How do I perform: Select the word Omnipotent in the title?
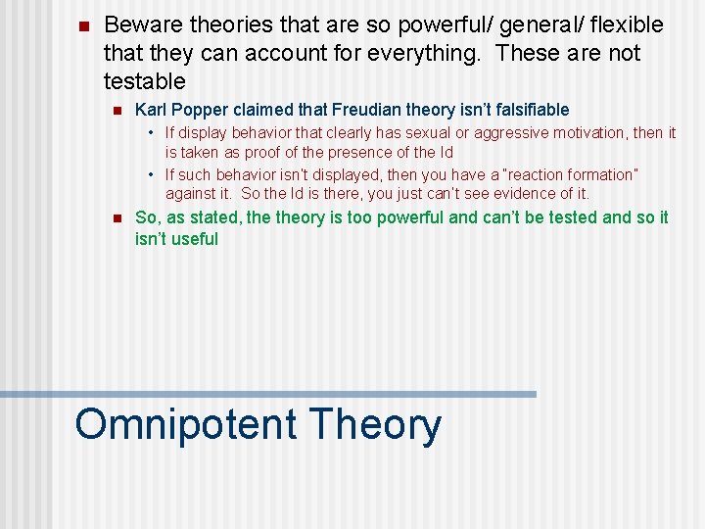click(x=186, y=425)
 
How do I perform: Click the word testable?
click(x=144, y=80)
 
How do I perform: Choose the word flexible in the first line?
click(x=627, y=24)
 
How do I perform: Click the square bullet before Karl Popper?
click(x=115, y=111)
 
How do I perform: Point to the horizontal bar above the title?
click(x=268, y=394)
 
